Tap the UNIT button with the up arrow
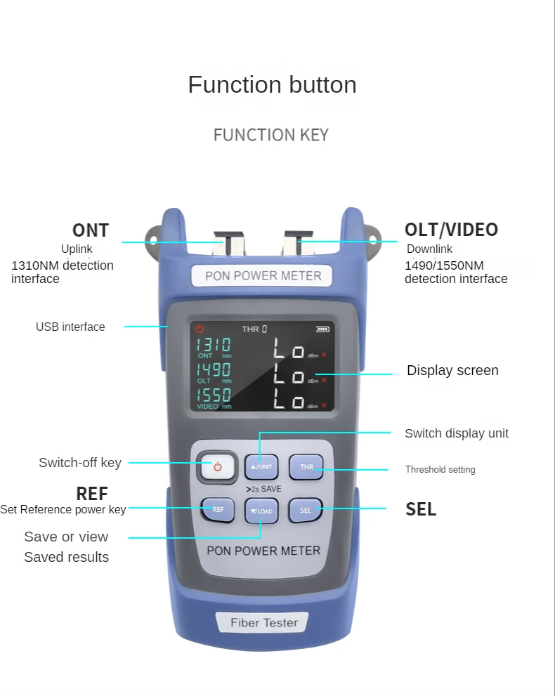pos(261,467)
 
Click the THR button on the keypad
pos(306,467)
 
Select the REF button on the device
pos(218,510)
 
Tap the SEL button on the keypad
pos(306,511)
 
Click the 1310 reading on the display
pos(214,345)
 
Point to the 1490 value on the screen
pos(214,369)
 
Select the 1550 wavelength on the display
pos(214,395)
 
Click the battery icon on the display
pos(322,329)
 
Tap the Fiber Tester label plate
pos(264,622)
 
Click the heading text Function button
pos(272,85)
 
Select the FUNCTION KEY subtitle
pos(270,135)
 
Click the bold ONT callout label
pos(91,230)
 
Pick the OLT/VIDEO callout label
pos(451,230)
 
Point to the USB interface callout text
pos(70,327)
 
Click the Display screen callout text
pos(452,370)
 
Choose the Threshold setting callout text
pos(440,469)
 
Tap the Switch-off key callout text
pos(80,462)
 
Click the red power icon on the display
pos(200,329)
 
